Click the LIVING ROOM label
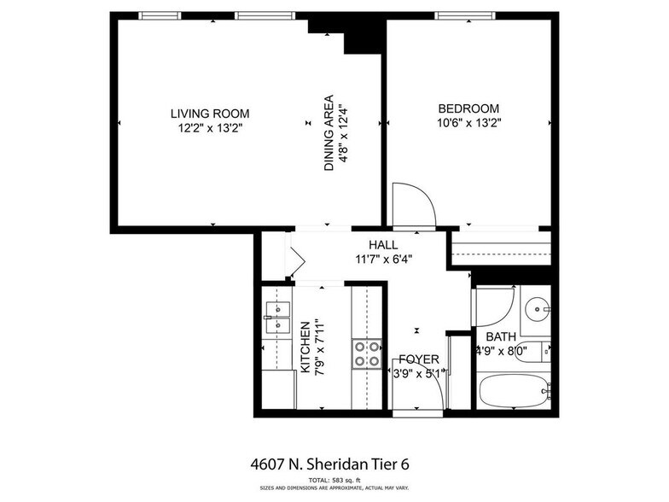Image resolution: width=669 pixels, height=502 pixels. tap(210, 114)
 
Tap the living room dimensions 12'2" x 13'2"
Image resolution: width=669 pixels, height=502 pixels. tap(210, 128)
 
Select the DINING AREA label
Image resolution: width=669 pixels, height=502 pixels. tap(329, 133)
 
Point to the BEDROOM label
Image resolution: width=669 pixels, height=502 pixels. tap(468, 108)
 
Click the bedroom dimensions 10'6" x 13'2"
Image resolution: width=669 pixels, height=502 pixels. tap(469, 123)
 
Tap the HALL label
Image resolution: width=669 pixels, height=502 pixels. tap(383, 245)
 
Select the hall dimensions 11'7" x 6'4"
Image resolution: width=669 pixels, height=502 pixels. tap(384, 260)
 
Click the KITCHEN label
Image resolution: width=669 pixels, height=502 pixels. tap(305, 347)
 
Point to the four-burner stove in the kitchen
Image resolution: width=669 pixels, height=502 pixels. tap(367, 354)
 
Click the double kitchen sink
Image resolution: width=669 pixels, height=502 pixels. tap(278, 318)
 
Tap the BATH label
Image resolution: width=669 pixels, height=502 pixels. tap(501, 336)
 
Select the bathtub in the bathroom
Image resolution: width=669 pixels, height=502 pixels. tap(514, 390)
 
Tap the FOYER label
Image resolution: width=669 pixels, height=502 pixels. tap(419, 359)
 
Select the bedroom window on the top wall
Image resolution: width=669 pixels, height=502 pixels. tap(465, 15)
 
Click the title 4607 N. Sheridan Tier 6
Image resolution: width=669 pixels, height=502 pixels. tap(329, 464)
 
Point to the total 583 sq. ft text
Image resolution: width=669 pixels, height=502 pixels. tap(334, 480)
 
